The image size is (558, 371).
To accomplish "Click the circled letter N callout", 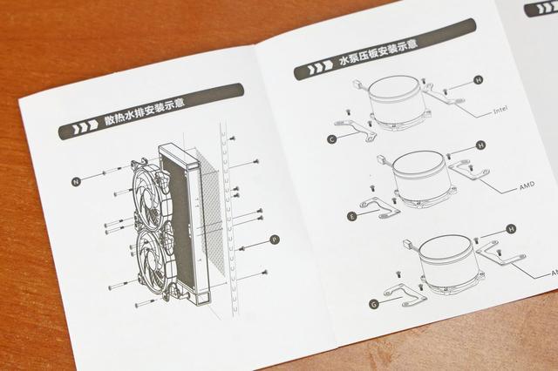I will (x=77, y=181).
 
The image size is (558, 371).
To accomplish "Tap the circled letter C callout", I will (x=331, y=138).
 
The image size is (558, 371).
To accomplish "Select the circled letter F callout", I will (x=352, y=215).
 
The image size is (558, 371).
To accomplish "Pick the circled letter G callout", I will (x=374, y=304).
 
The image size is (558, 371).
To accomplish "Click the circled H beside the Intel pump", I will (x=479, y=80).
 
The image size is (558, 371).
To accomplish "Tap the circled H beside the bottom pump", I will (x=511, y=228).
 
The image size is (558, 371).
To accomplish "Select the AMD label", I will (x=526, y=186).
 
